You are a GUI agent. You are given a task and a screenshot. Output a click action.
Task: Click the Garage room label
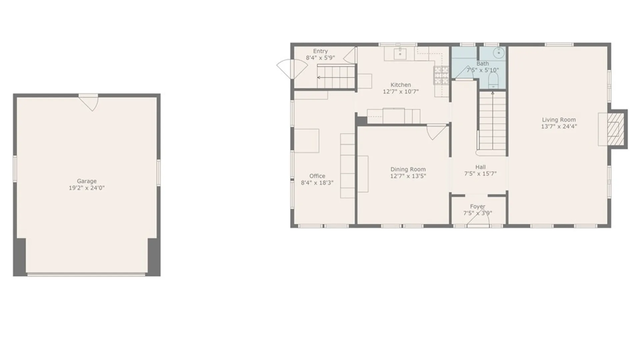pyautogui.click(x=87, y=181)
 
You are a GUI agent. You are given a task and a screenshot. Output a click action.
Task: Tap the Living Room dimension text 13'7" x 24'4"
pyautogui.click(x=559, y=126)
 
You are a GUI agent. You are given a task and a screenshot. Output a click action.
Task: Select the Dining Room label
pyautogui.click(x=408, y=169)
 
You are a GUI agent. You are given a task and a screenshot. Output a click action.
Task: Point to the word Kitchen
pyautogui.click(x=401, y=85)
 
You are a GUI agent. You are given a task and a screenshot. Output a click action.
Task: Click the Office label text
pyautogui.click(x=317, y=176)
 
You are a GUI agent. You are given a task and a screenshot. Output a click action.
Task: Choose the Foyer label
pyautogui.click(x=478, y=207)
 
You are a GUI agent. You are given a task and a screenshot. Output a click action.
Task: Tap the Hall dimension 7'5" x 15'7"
pyautogui.click(x=480, y=174)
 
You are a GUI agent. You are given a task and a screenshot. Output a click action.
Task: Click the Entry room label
pyautogui.click(x=320, y=51)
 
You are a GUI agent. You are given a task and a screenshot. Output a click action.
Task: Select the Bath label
pyautogui.click(x=483, y=64)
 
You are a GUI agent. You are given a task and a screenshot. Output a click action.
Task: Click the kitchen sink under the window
pyautogui.click(x=400, y=53)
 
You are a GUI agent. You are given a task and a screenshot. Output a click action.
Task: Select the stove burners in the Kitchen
pyautogui.click(x=441, y=75)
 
